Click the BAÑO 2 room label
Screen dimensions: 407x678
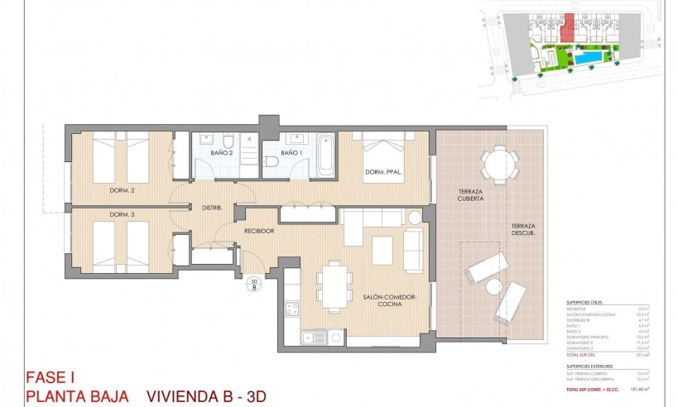tap(221, 153)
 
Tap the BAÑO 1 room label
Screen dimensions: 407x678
tap(291, 153)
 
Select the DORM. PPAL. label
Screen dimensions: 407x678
tap(383, 173)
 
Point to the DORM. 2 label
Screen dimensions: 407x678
tap(122, 190)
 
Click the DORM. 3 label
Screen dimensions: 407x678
tap(122, 215)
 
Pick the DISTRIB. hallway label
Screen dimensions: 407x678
tap(210, 208)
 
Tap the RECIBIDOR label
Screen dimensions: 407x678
tap(258, 231)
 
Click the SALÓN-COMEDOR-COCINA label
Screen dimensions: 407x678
tap(389, 299)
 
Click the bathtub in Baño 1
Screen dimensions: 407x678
tap(324, 153)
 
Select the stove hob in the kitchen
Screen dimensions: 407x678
tap(292, 309)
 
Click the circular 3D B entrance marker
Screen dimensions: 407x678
tap(255, 287)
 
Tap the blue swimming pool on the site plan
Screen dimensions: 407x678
tap(590, 61)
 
